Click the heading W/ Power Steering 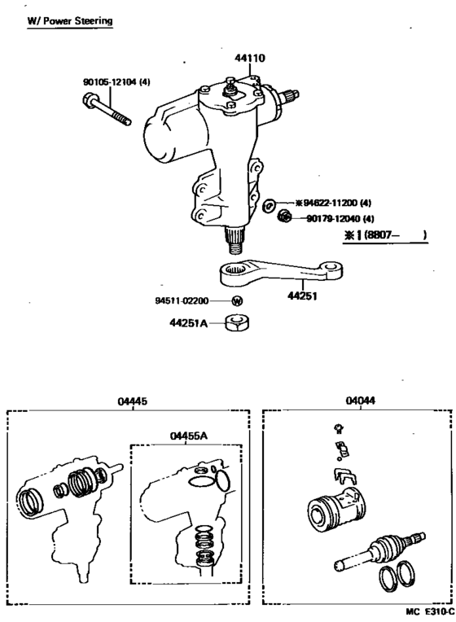pyautogui.click(x=70, y=20)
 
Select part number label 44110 pyautogui.click(x=250, y=59)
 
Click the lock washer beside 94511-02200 pyautogui.click(x=237, y=301)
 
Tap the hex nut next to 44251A pyautogui.click(x=236, y=323)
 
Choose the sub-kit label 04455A pyautogui.click(x=189, y=436)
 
